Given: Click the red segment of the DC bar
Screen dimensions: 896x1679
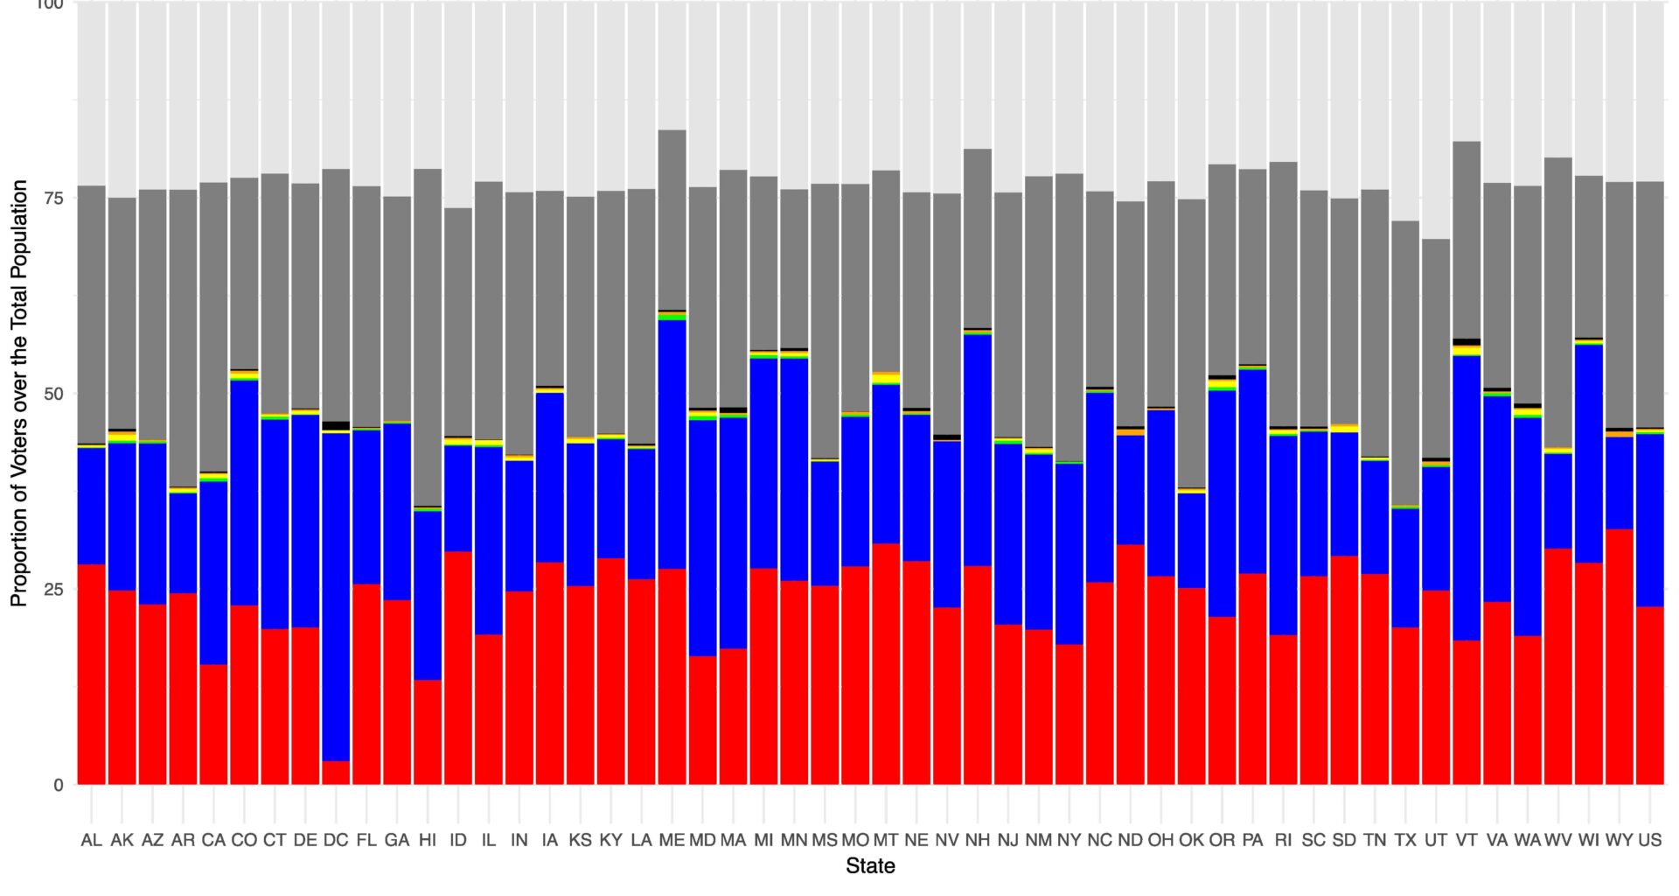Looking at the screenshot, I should [336, 773].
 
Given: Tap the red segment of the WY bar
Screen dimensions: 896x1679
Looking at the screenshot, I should [1619, 656].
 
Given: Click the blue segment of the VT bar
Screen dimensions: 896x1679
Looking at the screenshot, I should [1466, 498].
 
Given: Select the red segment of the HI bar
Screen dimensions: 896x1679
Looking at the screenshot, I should [428, 731].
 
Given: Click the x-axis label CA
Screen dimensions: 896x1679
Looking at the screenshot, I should [213, 840].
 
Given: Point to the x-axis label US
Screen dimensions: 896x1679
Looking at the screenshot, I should [1649, 840].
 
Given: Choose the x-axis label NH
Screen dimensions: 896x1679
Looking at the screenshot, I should [977, 840].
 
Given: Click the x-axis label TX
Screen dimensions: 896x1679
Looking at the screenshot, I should [1404, 840].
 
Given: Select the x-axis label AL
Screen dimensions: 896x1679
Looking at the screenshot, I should [91, 840].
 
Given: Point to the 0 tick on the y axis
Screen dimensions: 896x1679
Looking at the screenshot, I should [59, 785].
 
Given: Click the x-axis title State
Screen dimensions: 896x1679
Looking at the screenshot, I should [870, 866].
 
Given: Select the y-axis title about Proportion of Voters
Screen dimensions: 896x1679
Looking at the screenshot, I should [19, 394].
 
